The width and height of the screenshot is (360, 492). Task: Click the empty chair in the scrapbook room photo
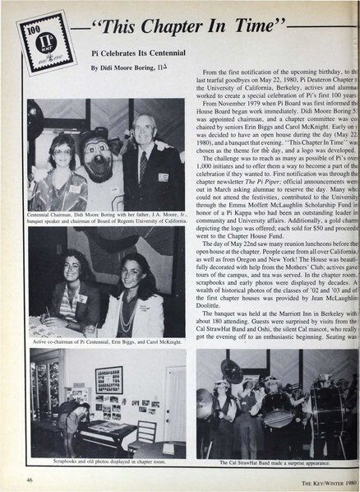point(145,433)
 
